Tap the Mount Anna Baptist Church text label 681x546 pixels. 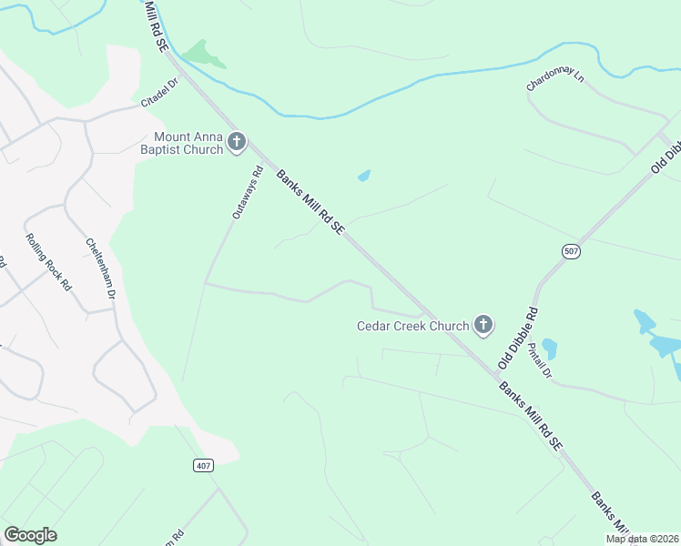pyautogui.click(x=182, y=143)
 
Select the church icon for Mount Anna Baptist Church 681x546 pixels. pyautogui.click(x=237, y=142)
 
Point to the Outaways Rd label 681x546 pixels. pyautogui.click(x=247, y=193)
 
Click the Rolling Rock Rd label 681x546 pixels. pyautogui.click(x=48, y=259)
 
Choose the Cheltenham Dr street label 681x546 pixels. pyautogui.click(x=102, y=268)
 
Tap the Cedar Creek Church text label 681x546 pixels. pyautogui.click(x=412, y=325)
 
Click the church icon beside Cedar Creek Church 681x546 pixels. pyautogui.click(x=483, y=324)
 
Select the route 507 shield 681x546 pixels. pyautogui.click(x=571, y=252)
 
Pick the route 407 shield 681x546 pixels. pyautogui.click(x=203, y=465)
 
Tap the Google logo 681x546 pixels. pyautogui.click(x=30, y=535)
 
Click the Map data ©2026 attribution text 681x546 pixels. pyautogui.click(x=642, y=539)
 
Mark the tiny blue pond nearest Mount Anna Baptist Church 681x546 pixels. pyautogui.click(x=364, y=175)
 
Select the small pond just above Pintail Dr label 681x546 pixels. pyautogui.click(x=549, y=349)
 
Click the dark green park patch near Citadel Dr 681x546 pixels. pyautogui.click(x=205, y=54)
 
